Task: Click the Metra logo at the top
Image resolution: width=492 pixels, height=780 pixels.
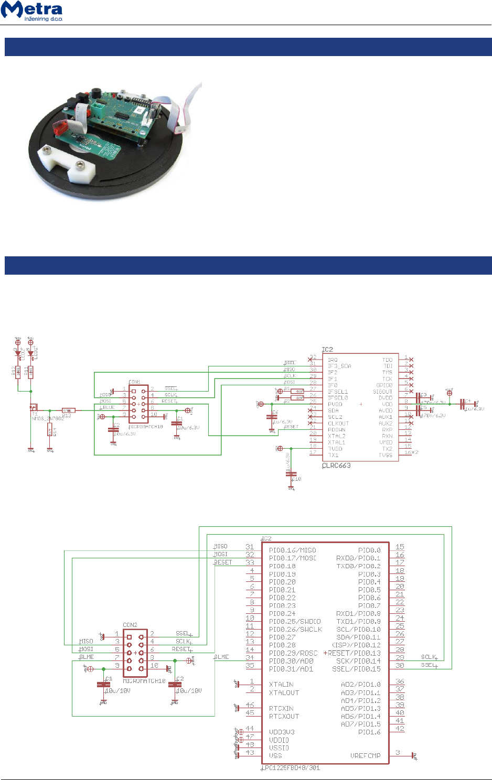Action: point(32,11)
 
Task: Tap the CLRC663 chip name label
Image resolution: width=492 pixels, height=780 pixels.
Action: point(336,465)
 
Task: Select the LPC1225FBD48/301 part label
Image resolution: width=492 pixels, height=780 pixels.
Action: point(291,768)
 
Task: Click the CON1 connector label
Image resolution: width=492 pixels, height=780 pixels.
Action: point(134,382)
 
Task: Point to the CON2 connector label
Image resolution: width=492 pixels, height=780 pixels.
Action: point(130,625)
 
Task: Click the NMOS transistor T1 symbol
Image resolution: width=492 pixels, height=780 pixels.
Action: point(34,407)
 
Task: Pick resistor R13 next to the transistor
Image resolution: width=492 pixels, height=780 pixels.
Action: point(68,410)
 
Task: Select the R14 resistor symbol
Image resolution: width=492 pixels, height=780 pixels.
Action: point(50,432)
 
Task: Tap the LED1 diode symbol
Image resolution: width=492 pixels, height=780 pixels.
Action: point(30,354)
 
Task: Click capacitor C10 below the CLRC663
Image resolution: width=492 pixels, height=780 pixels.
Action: point(292,474)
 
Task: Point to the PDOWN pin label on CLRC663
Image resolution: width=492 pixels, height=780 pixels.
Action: point(337,430)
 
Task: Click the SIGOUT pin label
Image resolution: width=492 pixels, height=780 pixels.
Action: point(382,392)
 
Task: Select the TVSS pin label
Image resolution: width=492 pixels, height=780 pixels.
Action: point(386,455)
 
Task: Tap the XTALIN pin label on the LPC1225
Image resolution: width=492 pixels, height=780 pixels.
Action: point(281,685)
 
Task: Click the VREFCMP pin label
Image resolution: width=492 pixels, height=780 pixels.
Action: point(365,756)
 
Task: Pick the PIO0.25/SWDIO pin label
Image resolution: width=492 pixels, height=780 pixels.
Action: point(295,622)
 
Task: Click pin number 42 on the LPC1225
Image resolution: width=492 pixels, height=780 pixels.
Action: point(400,729)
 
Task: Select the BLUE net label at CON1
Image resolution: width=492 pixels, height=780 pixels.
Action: point(109,407)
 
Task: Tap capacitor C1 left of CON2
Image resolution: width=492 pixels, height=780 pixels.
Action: point(104,684)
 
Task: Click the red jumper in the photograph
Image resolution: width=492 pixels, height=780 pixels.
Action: point(61,126)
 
